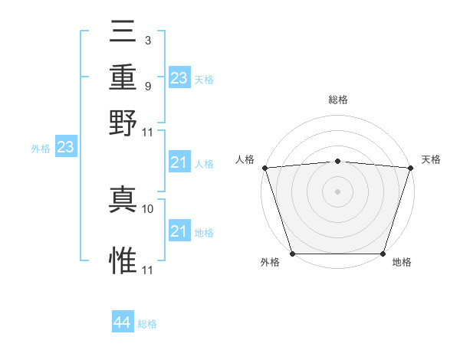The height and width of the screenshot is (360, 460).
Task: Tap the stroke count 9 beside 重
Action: pyautogui.click(x=147, y=85)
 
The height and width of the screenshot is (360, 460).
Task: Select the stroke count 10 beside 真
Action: pyautogui.click(x=149, y=208)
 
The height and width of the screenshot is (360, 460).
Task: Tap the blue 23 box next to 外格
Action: pyautogui.click(x=65, y=149)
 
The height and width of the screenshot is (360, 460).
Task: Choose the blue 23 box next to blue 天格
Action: pyautogui.click(x=179, y=78)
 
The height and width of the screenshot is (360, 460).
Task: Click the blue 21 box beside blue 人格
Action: pyautogui.click(x=179, y=163)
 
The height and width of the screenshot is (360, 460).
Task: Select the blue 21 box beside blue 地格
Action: pyautogui.click(x=179, y=232)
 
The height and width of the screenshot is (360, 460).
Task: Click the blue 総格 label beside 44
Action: pyautogui.click(x=147, y=324)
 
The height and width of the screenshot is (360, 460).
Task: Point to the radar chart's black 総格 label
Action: pyautogui.click(x=338, y=100)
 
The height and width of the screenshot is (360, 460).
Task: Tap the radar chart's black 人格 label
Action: pyautogui.click(x=246, y=159)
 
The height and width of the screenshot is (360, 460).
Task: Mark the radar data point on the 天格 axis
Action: pyautogui.click(x=410, y=168)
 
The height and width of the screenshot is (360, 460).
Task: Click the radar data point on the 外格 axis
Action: pyautogui.click(x=293, y=254)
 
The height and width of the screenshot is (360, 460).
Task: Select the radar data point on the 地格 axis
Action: pyautogui.click(x=383, y=254)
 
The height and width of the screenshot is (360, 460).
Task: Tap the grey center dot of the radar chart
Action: pyautogui.click(x=337, y=191)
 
